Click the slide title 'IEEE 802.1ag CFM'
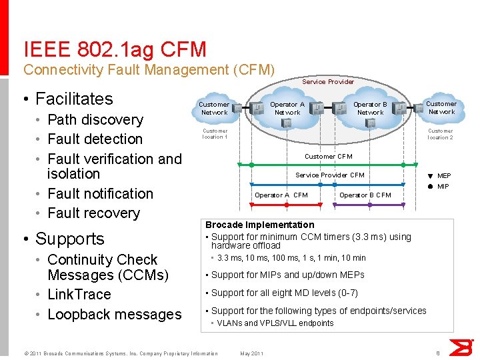[115, 49]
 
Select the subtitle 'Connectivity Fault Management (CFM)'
[149, 69]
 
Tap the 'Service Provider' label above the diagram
[327, 81]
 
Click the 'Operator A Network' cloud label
[287, 108]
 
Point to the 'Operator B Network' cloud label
[370, 108]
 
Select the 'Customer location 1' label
[215, 134]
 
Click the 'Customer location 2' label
[440, 134]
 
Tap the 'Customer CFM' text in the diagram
[328, 157]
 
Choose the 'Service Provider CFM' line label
[330, 175]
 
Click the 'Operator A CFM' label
[281, 195]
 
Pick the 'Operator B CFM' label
[365, 195]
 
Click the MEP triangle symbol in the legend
[430, 176]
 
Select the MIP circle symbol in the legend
[430, 187]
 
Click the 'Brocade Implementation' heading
[259, 225]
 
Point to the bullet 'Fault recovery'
[93, 213]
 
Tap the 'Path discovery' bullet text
[95, 120]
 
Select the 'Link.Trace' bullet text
[79, 295]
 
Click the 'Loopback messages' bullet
[114, 314]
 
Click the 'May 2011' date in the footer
[251, 353]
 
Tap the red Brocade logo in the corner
[461, 347]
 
